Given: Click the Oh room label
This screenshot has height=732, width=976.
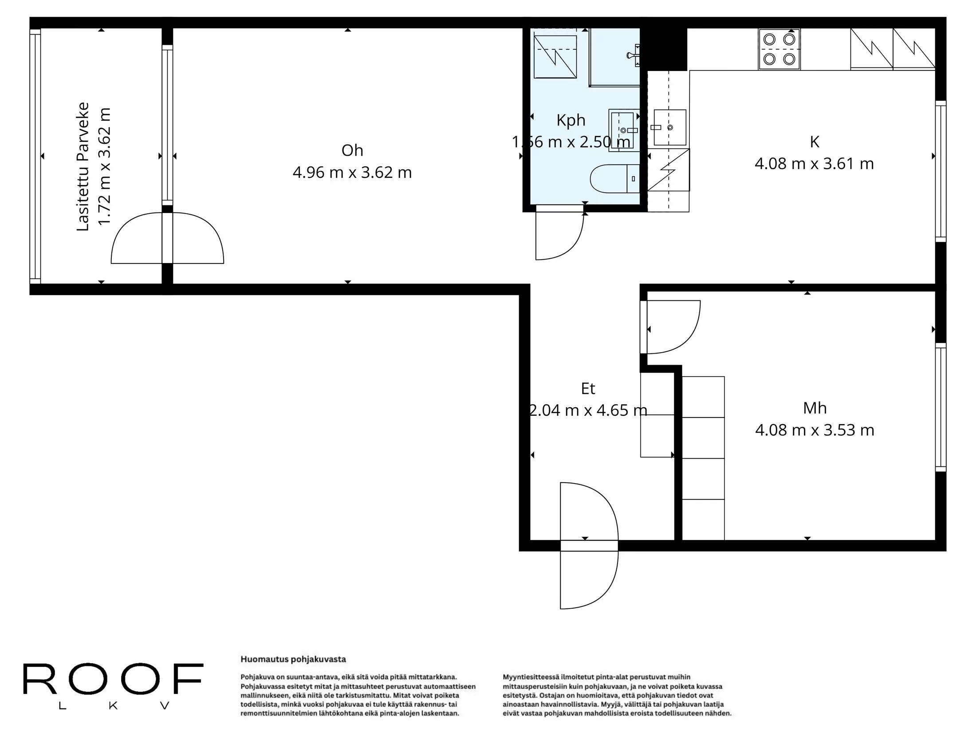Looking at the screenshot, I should pyautogui.click(x=352, y=150).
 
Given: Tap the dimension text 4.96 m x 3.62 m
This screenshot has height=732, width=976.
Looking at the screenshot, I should pyautogui.click(x=352, y=172).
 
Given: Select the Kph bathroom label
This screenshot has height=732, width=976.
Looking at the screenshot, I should pyautogui.click(x=571, y=120).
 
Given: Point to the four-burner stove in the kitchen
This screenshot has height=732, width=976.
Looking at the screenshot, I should pyautogui.click(x=779, y=49).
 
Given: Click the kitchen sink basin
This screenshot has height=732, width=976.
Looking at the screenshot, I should pyautogui.click(x=670, y=127).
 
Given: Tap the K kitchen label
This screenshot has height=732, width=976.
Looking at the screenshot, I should pyautogui.click(x=814, y=142).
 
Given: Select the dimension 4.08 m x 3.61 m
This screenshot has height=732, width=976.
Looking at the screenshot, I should pyautogui.click(x=814, y=164).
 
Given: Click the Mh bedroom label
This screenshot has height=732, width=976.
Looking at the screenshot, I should pyautogui.click(x=815, y=408).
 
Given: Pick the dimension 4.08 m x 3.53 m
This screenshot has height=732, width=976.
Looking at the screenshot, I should pyautogui.click(x=815, y=430).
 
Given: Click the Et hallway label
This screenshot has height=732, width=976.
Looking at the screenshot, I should pyautogui.click(x=588, y=389).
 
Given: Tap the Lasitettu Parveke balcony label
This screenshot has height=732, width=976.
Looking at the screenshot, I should pyautogui.click(x=83, y=166).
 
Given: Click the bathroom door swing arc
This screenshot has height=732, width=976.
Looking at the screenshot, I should pyautogui.click(x=560, y=237).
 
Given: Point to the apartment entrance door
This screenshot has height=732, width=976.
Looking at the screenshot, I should pyautogui.click(x=589, y=546).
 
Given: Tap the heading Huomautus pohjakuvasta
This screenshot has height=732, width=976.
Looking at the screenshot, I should pyautogui.click(x=293, y=659).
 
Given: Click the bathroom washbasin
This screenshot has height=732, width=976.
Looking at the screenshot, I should pyautogui.click(x=623, y=130).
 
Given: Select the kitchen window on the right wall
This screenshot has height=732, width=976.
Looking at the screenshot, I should pyautogui.click(x=941, y=171).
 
